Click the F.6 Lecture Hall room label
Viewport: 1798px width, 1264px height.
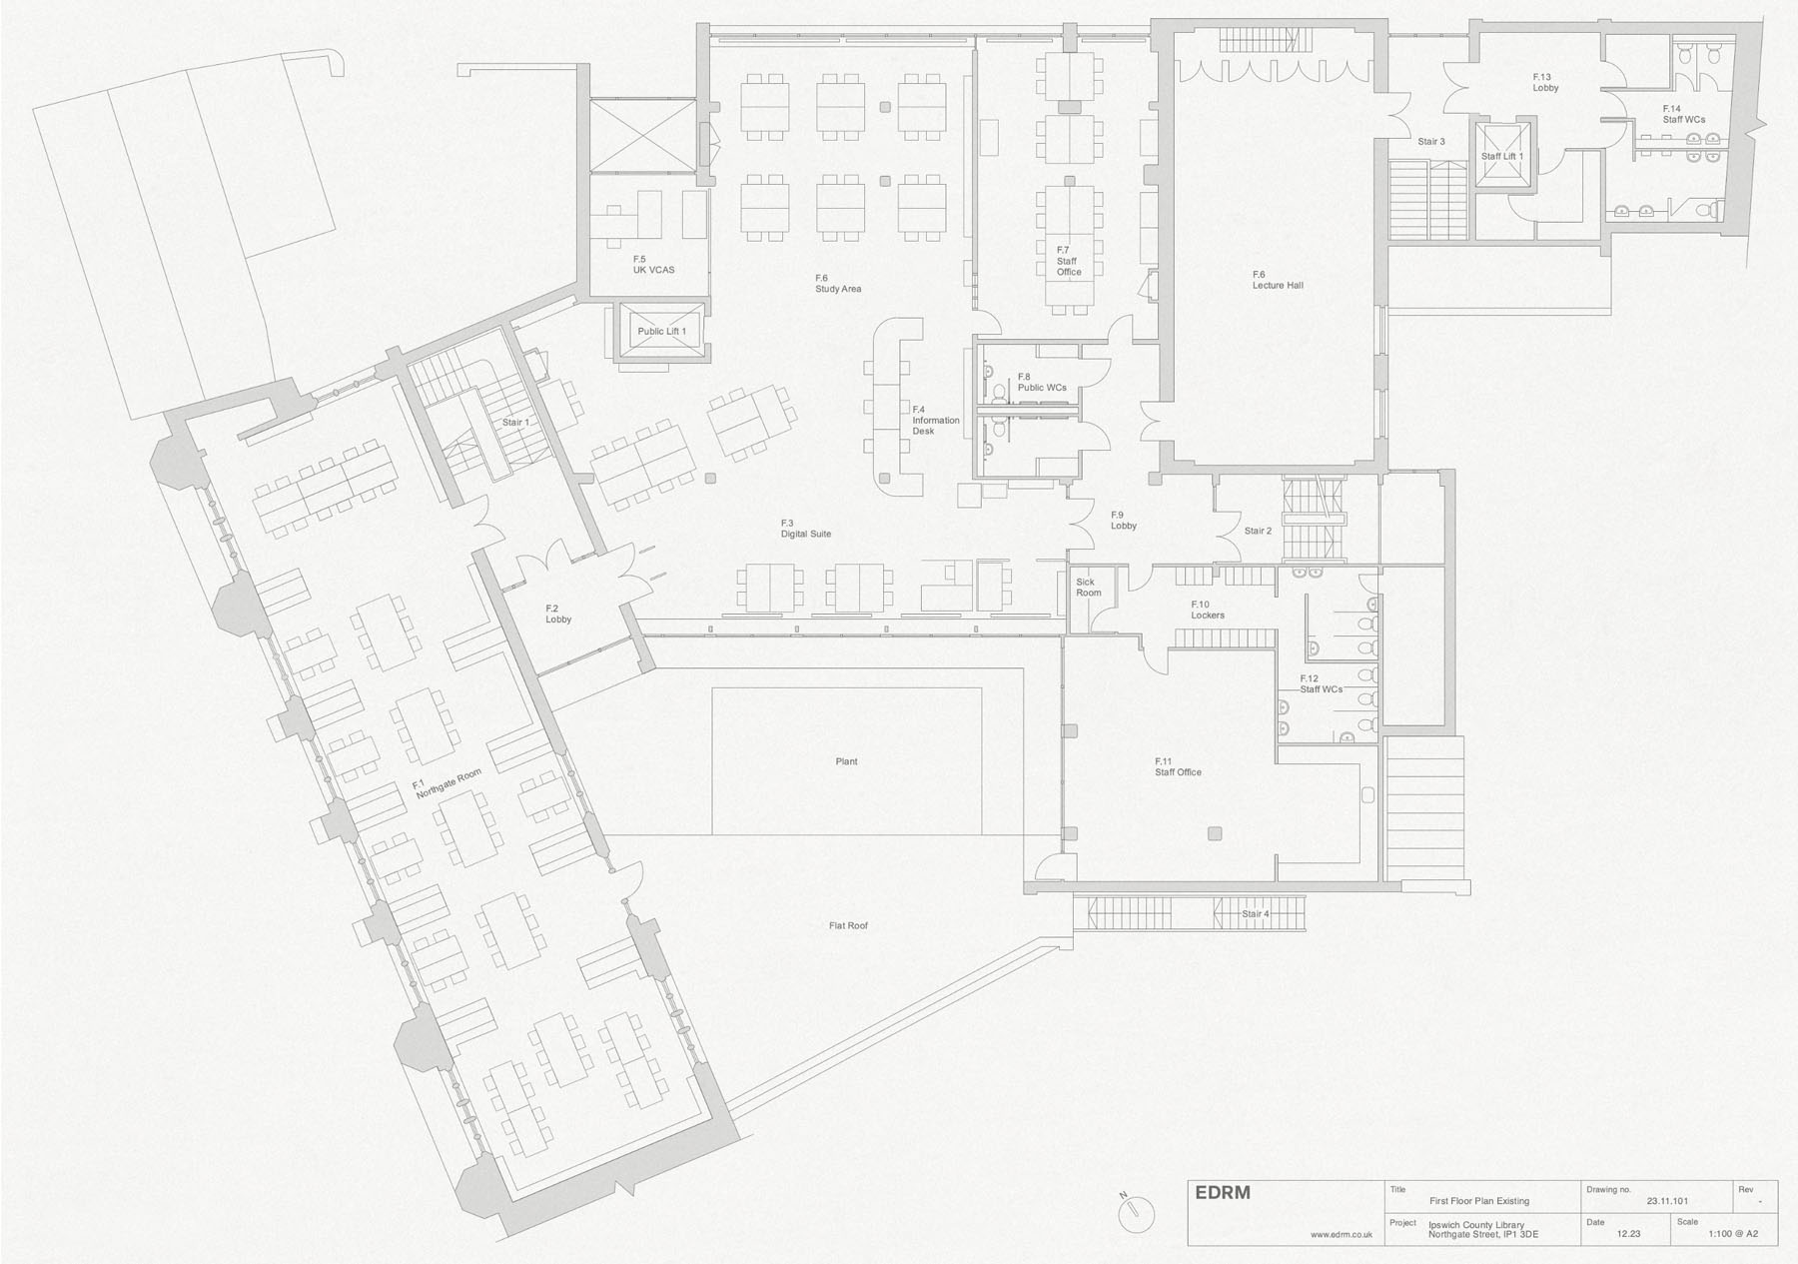pyautogui.click(x=1278, y=280)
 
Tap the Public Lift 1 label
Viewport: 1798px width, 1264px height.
pyautogui.click(x=662, y=332)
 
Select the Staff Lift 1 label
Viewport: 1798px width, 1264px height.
pyautogui.click(x=1502, y=156)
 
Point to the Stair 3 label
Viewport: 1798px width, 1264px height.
pyautogui.click(x=1431, y=142)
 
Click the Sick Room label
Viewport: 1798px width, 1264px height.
pyautogui.click(x=1088, y=588)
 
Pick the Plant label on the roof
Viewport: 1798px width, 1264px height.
pyautogui.click(x=846, y=761)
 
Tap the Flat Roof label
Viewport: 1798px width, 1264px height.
pyautogui.click(x=848, y=926)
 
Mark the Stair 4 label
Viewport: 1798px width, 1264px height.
pyautogui.click(x=1256, y=914)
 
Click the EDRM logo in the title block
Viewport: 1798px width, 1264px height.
pyautogui.click(x=1223, y=1193)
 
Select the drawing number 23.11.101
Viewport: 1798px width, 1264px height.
pyautogui.click(x=1667, y=1201)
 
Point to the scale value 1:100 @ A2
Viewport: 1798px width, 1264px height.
pyautogui.click(x=1732, y=1234)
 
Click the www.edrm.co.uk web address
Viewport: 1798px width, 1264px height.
pyautogui.click(x=1342, y=1235)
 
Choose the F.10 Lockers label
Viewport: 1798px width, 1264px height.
pyautogui.click(x=1208, y=610)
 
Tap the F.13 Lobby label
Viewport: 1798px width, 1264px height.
pyautogui.click(x=1545, y=82)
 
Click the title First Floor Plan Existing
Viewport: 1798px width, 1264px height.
pyautogui.click(x=1479, y=1201)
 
